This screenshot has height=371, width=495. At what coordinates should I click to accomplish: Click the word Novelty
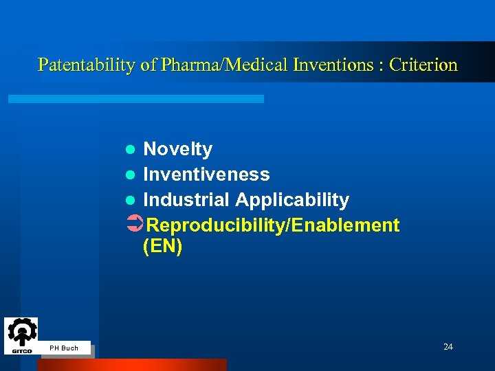click(x=177, y=149)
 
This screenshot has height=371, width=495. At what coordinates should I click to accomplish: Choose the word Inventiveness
click(x=206, y=175)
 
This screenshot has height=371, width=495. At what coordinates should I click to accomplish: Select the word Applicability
click(x=292, y=200)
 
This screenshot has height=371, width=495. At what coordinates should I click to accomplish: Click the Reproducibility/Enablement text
click(x=273, y=225)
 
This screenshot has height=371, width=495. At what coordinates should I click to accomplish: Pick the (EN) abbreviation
click(x=162, y=247)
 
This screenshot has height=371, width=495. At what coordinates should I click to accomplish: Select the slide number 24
click(x=448, y=347)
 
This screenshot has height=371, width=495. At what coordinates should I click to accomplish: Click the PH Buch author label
click(x=64, y=348)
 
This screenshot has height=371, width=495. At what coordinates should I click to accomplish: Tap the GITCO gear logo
click(x=21, y=335)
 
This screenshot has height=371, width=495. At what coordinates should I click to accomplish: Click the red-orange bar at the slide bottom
click(x=131, y=365)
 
